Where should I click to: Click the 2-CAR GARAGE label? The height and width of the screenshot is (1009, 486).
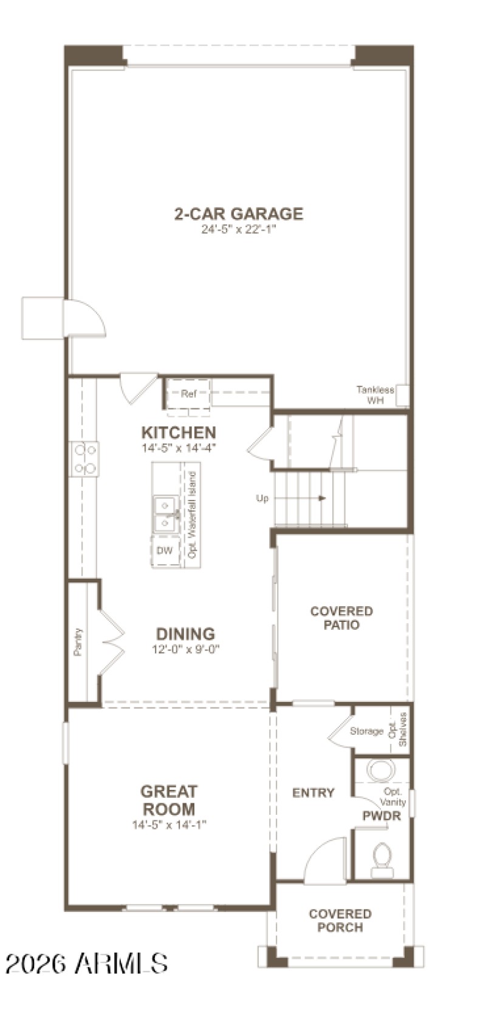pos(238,214)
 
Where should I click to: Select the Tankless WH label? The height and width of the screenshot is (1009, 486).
pos(375,395)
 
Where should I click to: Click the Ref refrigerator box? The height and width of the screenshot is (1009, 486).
pos(188,394)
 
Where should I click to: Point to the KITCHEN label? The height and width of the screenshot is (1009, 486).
pos(179,433)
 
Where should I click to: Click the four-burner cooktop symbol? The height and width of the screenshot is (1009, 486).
pos(84,459)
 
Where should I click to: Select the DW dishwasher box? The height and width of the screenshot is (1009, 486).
pos(165,551)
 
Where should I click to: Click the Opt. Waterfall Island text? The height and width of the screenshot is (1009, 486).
pos(193,515)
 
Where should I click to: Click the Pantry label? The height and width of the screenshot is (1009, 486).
pos(78,642)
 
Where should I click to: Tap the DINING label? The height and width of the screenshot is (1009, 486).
pos(185,634)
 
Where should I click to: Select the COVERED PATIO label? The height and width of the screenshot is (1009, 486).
pos(341,618)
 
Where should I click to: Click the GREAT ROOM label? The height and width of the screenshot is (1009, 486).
pos(168,800)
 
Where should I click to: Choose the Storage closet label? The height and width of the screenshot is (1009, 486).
pos(366,731)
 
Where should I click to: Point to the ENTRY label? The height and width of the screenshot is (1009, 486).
pos(313,793)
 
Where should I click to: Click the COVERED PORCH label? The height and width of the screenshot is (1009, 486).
pos(340,920)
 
